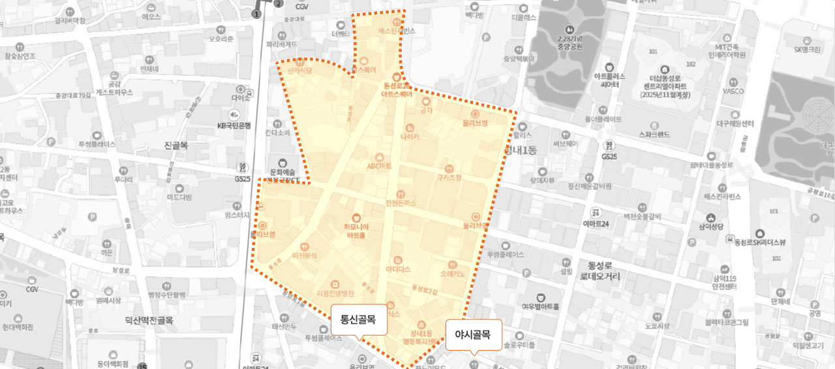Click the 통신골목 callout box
pos(358,320)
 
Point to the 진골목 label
pos(177,145)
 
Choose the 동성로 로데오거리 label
pos(600,270)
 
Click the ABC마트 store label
pos(379,166)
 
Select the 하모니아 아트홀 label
pos(356,231)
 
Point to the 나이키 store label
pos(410,137)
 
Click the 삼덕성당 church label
pos(708,225)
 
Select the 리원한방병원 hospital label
pos(334,293)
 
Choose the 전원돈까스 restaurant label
pos(401,202)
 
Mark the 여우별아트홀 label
pos(540,306)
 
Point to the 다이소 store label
pos(240,97)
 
